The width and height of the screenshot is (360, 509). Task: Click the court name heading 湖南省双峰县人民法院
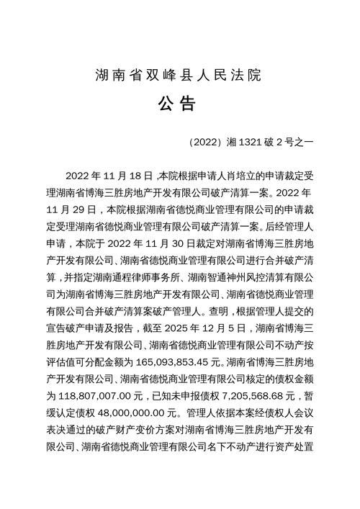click(x=180, y=74)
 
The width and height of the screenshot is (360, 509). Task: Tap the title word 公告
click(x=180, y=104)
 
